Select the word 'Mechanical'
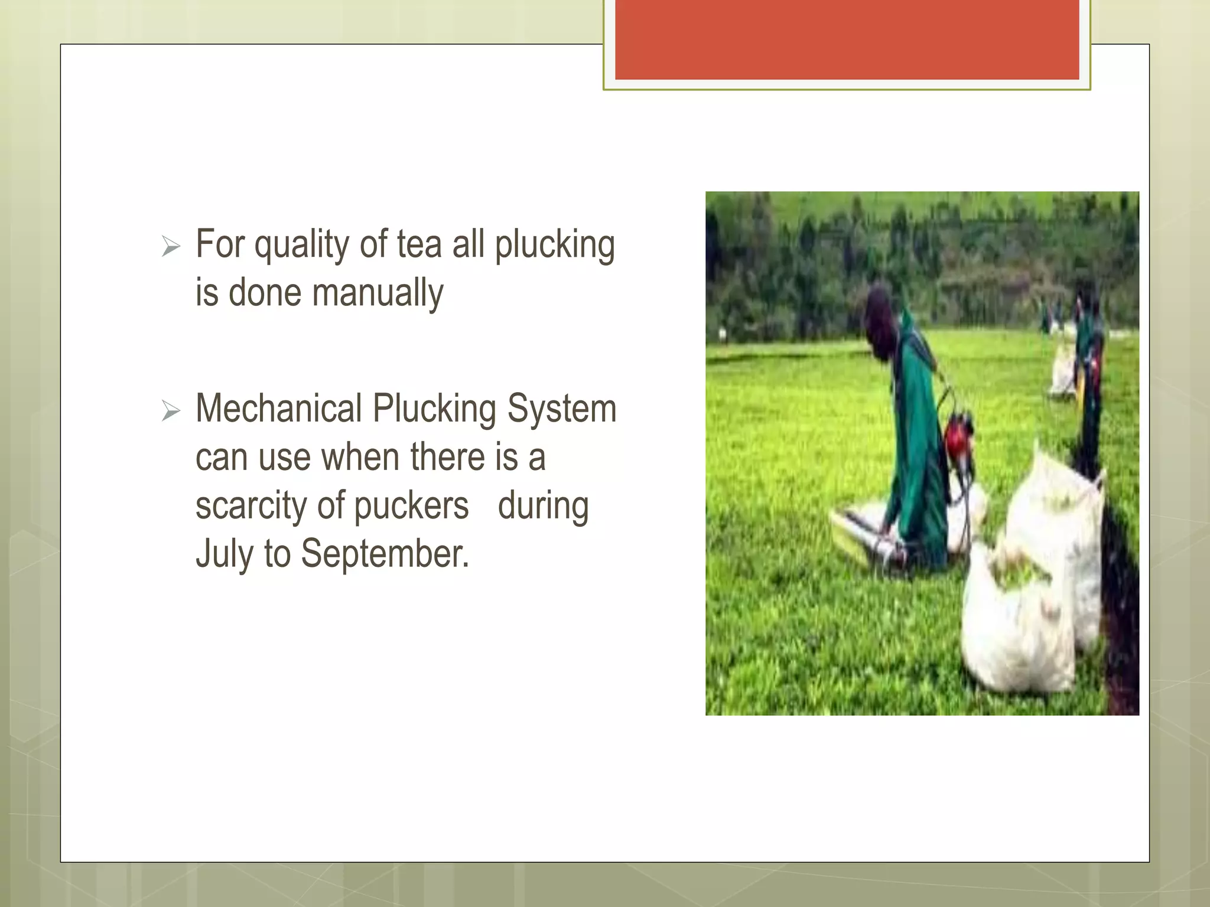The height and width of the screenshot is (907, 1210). [279, 409]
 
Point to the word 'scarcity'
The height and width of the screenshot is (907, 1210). [251, 507]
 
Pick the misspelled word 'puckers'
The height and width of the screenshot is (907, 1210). [411, 507]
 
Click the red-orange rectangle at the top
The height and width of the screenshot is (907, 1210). [847, 39]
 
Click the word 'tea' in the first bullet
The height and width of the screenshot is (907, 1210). [419, 244]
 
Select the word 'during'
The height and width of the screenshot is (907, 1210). [543, 507]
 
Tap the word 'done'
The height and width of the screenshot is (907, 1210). [265, 293]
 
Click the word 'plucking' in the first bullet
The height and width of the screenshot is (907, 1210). [554, 246]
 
